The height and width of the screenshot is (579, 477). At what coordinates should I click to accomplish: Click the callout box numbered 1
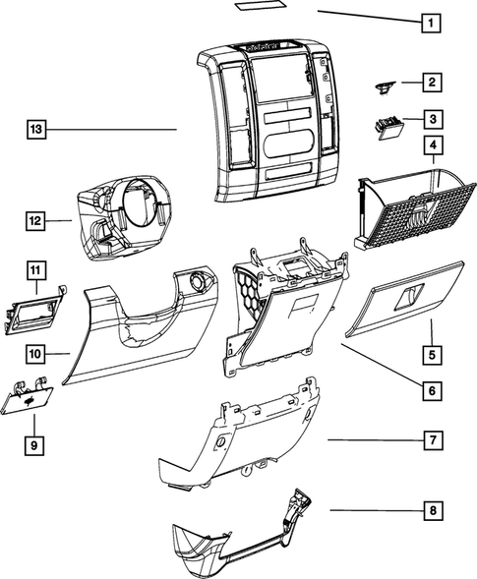click(x=429, y=21)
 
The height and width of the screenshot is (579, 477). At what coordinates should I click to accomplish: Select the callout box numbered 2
click(x=430, y=84)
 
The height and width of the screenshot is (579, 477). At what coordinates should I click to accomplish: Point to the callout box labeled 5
click(x=430, y=352)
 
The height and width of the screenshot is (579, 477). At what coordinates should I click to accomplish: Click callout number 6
click(x=430, y=391)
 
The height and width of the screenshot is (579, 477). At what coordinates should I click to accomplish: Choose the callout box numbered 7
click(x=430, y=440)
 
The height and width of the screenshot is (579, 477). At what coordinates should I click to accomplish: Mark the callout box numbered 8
click(x=430, y=511)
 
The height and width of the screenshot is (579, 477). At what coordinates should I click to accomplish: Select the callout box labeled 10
click(x=33, y=352)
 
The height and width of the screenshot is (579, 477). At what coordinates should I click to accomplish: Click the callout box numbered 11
click(x=33, y=269)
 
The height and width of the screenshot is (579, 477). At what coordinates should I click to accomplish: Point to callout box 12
click(x=33, y=222)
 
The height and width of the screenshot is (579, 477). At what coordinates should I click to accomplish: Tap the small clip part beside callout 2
click(x=382, y=87)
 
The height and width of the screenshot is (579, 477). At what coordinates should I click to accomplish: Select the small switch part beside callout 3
click(x=387, y=127)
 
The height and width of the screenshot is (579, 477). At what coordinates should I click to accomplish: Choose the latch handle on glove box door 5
click(x=411, y=292)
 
